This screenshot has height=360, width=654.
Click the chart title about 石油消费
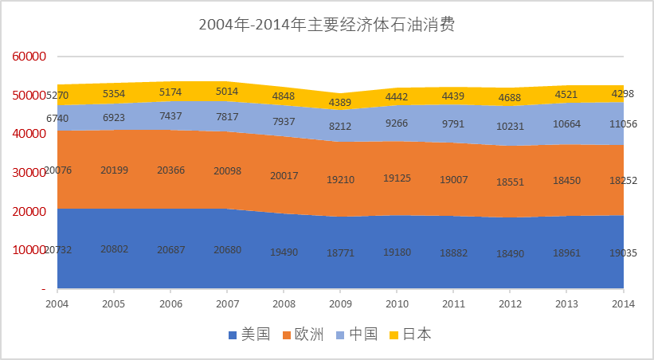click(x=327, y=25)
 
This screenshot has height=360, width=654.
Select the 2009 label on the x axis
click(x=340, y=305)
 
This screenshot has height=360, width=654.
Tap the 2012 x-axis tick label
click(x=510, y=305)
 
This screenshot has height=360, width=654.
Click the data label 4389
click(x=340, y=102)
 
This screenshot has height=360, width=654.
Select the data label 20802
click(x=114, y=249)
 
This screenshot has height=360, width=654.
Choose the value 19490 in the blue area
click(x=284, y=252)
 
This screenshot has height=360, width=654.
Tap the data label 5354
click(x=114, y=92)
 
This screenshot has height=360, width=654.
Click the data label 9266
click(x=397, y=123)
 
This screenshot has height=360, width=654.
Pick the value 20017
click(x=284, y=176)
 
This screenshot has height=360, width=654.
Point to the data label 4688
click(x=510, y=98)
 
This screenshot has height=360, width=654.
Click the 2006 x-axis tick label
click(x=170, y=305)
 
